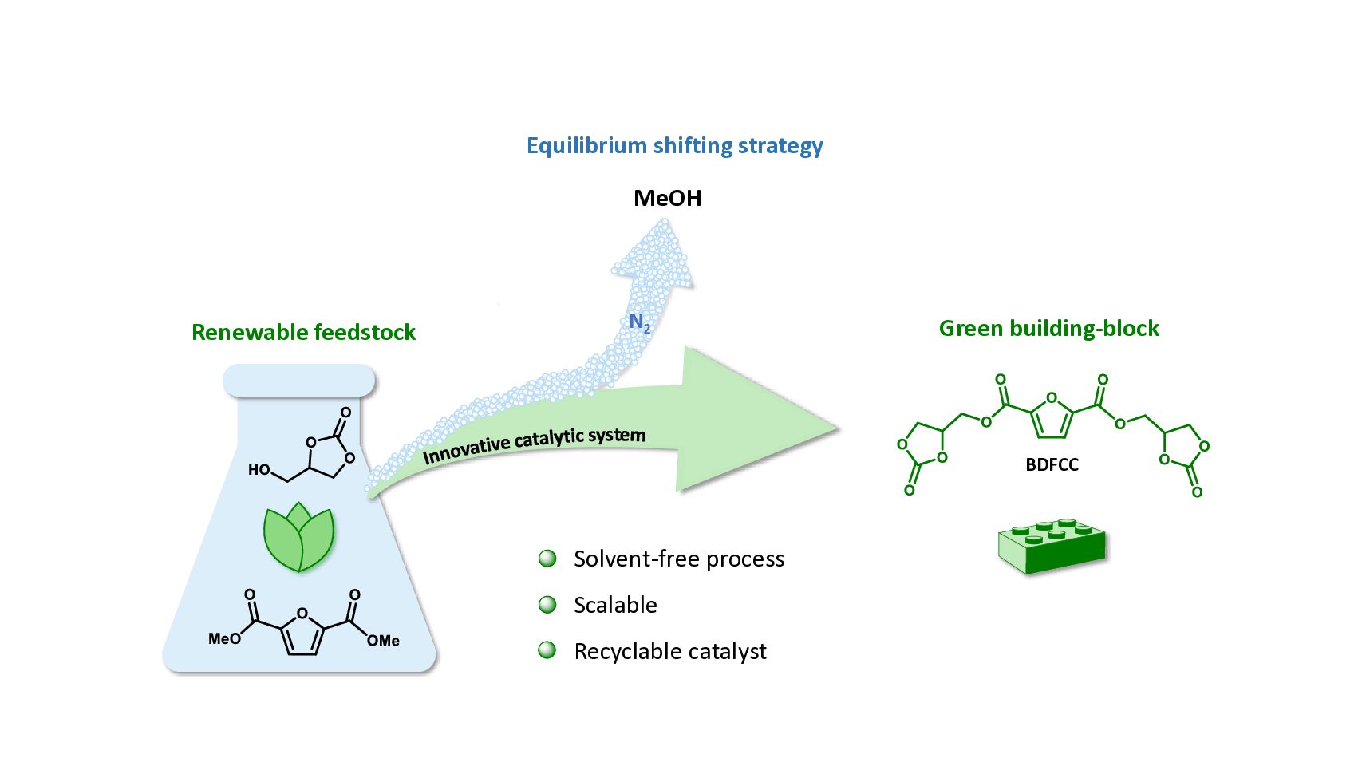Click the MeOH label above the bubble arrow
click(x=667, y=198)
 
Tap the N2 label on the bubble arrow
click(x=639, y=322)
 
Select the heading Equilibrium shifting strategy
click(x=674, y=146)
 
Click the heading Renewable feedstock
click(x=303, y=332)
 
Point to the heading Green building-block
click(x=1048, y=328)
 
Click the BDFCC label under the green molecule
click(x=1052, y=464)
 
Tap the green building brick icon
click(x=1052, y=547)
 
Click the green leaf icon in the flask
click(x=299, y=537)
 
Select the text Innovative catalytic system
click(x=534, y=445)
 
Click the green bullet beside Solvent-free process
click(x=547, y=559)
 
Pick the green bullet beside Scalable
click(x=547, y=605)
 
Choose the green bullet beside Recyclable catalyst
click(x=547, y=651)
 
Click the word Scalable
click(x=615, y=605)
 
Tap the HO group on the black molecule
click(x=259, y=470)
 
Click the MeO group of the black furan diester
click(x=224, y=638)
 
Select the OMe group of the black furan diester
click(x=384, y=640)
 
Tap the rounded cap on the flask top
click(x=299, y=381)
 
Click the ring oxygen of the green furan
click(x=1052, y=398)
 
